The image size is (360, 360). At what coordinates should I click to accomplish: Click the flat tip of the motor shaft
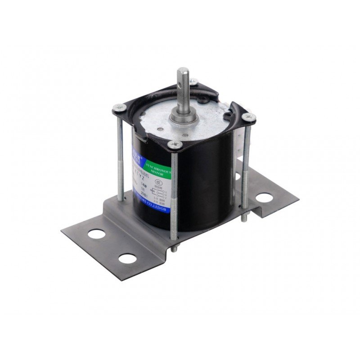183,71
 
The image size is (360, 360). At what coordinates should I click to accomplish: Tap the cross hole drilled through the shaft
184,85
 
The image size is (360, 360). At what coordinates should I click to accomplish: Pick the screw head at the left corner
119,107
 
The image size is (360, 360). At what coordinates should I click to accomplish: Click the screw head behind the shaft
193,81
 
